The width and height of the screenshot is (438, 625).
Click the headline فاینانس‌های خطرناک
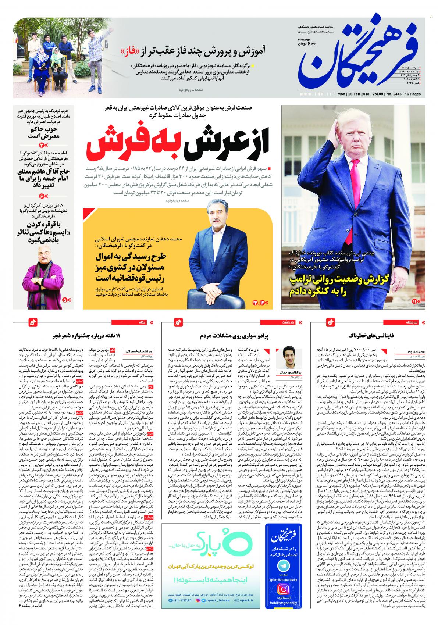pyautogui.click(x=371, y=336)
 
